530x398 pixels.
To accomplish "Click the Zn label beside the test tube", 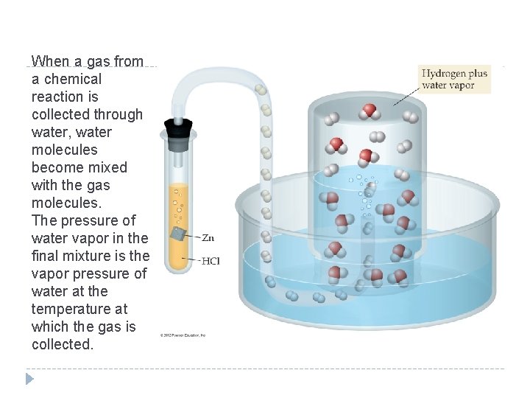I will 208,237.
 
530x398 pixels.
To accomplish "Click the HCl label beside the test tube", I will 210,260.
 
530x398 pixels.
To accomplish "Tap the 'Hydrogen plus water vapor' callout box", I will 454,79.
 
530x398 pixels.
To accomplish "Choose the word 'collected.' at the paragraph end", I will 63,344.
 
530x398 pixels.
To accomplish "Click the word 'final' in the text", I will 46,256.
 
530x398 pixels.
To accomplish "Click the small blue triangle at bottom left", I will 29,379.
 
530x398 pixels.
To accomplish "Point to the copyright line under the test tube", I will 183,335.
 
